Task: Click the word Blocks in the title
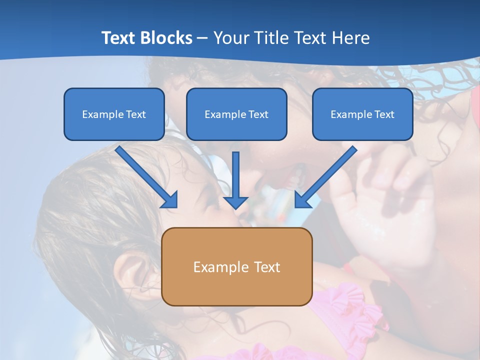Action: [x=167, y=38]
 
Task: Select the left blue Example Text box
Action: [x=114, y=114]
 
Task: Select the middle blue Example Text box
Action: [x=236, y=114]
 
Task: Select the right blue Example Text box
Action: [x=362, y=114]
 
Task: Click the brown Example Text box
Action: [x=236, y=266]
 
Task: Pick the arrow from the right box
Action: [x=327, y=175]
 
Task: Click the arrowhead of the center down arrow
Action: [x=235, y=202]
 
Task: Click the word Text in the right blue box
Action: [x=384, y=114]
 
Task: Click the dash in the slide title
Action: [x=202, y=38]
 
